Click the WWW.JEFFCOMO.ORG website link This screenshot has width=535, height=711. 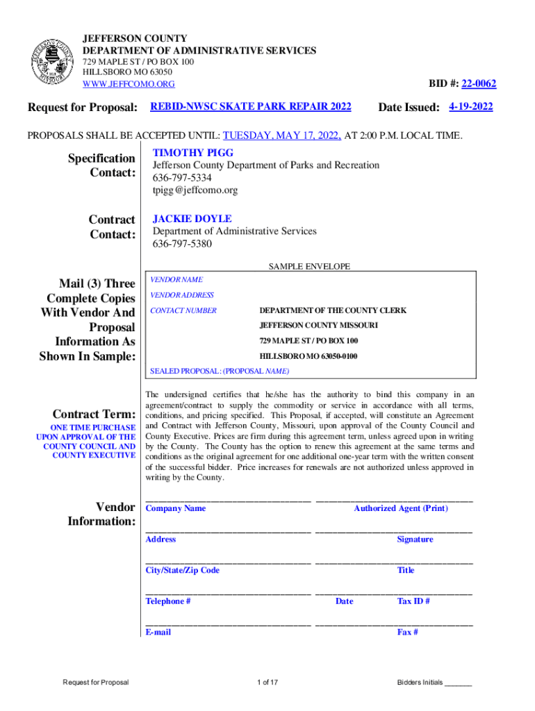129,84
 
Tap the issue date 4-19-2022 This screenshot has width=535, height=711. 470,107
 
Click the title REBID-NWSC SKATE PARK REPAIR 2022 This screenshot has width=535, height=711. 251,106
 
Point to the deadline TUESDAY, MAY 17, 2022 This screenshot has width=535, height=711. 282,135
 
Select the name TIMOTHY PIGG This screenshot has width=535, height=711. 193,152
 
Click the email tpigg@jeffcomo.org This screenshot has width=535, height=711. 195,190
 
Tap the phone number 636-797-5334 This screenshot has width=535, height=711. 182,178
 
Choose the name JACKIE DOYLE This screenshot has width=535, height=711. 192,219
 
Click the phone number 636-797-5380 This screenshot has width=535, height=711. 182,244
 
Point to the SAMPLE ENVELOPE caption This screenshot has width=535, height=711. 309,266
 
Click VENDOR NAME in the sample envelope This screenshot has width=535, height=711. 176,279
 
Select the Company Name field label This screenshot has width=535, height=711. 175,508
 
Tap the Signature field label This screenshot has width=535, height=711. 415,539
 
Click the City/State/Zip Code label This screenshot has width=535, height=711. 182,570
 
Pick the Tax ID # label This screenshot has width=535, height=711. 413,601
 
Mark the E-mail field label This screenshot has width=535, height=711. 158,633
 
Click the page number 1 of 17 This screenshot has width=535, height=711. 267,683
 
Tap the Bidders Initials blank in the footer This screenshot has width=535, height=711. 458,683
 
